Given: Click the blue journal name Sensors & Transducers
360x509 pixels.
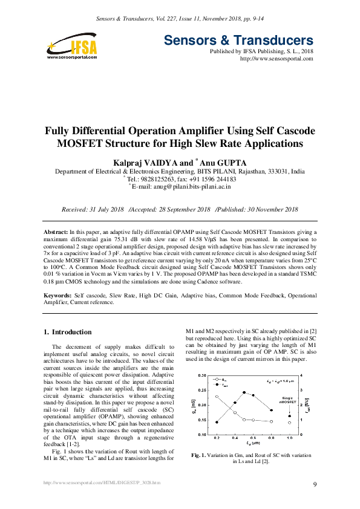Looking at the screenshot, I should point(238,41).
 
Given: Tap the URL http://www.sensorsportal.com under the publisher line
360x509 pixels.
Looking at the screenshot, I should point(277,59).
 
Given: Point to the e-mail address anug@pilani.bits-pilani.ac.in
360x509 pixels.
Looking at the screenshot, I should point(182,187).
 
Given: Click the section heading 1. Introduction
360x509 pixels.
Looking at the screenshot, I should point(68,332).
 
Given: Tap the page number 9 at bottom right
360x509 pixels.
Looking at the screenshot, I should point(315,484).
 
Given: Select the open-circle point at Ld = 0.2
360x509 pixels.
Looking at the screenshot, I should point(217,397).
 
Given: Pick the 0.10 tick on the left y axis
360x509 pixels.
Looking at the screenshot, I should point(202,435).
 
